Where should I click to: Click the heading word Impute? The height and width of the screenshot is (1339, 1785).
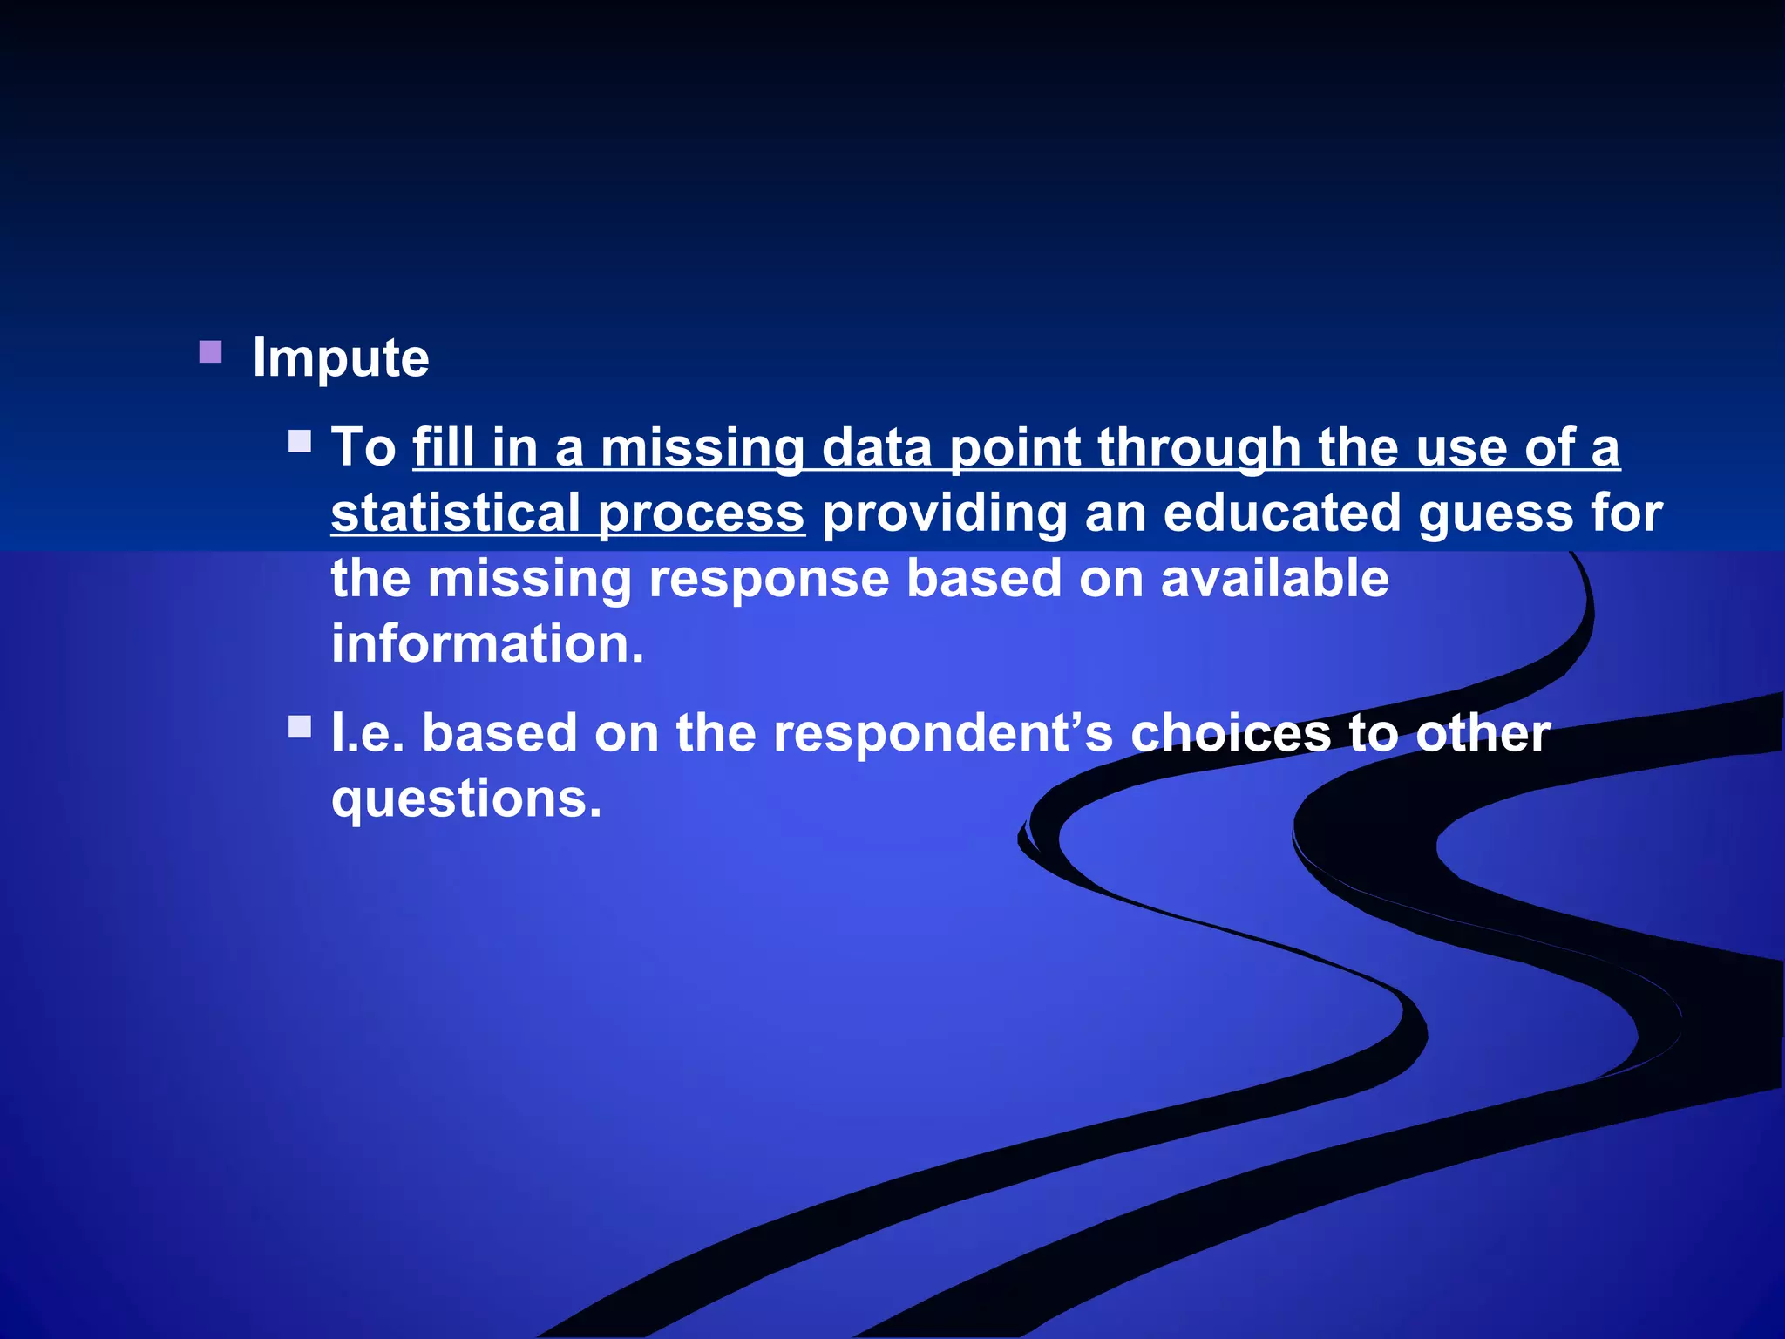340,358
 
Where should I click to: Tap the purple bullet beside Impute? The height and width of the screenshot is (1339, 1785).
210,352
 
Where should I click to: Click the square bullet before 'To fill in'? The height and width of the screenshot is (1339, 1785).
300,441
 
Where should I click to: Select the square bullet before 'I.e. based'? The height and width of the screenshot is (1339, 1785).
300,727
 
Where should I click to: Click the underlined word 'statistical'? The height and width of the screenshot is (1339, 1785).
455,513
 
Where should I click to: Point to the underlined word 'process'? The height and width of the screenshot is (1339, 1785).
701,514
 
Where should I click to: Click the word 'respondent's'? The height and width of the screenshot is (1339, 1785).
943,734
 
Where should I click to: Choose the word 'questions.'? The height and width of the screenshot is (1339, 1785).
466,799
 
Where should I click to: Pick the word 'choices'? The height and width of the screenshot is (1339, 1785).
1231,733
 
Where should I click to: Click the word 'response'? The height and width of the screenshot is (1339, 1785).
769,580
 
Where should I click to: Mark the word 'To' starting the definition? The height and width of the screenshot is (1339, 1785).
363,447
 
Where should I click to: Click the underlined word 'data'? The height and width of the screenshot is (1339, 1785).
877,447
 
